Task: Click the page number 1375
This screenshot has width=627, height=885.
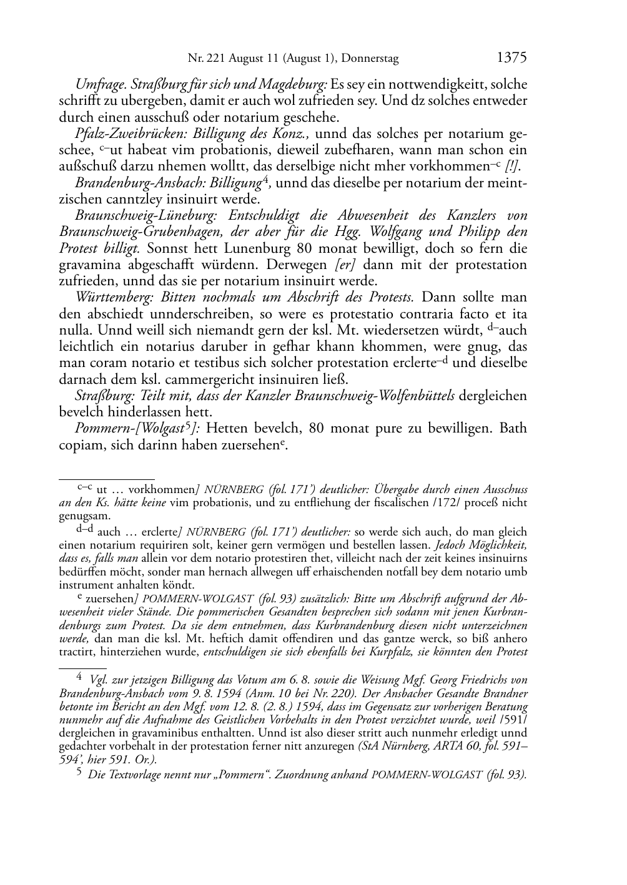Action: point(511,57)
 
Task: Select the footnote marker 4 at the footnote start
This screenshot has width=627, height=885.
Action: point(79,677)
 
